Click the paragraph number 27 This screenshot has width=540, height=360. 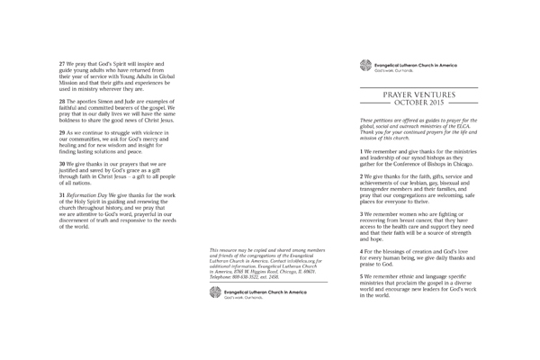[61, 64]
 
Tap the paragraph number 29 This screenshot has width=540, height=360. [61, 131]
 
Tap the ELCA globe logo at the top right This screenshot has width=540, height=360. [364, 65]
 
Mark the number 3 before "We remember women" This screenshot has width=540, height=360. [361, 214]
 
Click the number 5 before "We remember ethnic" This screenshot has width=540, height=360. [361, 275]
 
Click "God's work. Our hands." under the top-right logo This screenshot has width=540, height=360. [396, 70]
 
